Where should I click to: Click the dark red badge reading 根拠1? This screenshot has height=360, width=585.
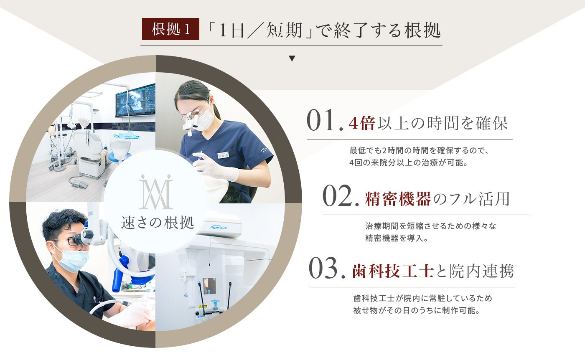tap(170, 29)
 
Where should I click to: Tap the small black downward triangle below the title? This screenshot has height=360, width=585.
tap(292, 58)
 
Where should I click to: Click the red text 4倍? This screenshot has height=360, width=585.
tap(362, 123)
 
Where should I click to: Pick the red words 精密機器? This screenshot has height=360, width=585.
tap(398, 199)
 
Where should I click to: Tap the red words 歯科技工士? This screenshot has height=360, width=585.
tap(392, 271)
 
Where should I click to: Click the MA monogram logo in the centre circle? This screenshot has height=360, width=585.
tap(156, 192)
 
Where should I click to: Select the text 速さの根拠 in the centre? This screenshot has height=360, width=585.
tap(158, 223)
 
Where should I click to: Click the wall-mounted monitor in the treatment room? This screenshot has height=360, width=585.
tap(135, 100)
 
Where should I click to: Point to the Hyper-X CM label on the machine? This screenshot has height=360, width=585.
tap(219, 227)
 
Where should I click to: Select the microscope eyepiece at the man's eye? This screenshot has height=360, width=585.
tap(84, 237)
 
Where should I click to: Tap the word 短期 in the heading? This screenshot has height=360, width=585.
tap(284, 30)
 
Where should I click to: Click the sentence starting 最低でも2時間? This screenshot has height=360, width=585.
tap(419, 150)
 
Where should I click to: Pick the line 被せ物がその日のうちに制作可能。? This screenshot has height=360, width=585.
tap(417, 310)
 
